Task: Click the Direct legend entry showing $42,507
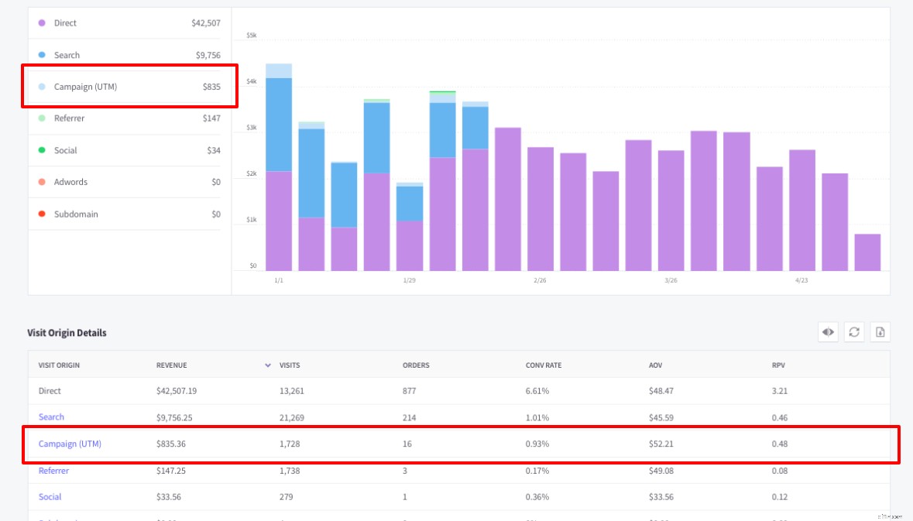coord(124,23)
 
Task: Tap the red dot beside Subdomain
coord(41,214)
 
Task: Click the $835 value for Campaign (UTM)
coord(211,87)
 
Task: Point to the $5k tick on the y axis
coord(251,36)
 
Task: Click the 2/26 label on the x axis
coord(540,280)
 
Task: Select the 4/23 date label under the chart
coord(801,280)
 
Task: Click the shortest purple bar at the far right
coord(867,252)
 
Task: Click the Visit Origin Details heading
coord(67,333)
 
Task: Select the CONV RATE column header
coord(543,365)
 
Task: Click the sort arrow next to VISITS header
coord(268,365)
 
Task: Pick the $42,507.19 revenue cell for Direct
coord(176,391)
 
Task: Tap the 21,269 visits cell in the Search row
coord(292,417)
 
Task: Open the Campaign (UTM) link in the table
coord(70,444)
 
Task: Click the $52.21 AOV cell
coord(661,444)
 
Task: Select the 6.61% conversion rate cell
coord(537,391)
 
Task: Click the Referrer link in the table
coord(53,471)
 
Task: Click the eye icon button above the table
coord(828,332)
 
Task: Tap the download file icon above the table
coord(880,332)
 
